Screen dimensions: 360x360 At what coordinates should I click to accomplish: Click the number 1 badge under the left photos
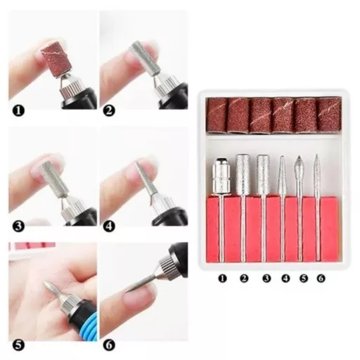[x=18, y=110]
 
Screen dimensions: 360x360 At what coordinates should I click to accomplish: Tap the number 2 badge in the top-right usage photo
[x=109, y=110]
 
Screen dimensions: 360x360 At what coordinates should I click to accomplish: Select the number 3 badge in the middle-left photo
[x=18, y=226]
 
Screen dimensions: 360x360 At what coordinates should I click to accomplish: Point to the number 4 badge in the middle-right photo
[x=109, y=226]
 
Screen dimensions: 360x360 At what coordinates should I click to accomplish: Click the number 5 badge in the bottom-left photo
[x=18, y=345]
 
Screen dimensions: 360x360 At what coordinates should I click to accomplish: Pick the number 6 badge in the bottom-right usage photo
[x=109, y=345]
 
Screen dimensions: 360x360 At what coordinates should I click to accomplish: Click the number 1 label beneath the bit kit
[x=222, y=278]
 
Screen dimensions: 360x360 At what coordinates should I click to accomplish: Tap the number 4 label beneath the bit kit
[x=285, y=278]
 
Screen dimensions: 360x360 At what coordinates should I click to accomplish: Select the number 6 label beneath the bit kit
[x=321, y=278]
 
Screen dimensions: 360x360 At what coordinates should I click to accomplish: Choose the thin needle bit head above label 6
[x=316, y=171]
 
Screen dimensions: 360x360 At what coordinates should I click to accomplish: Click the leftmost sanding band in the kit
[x=217, y=116]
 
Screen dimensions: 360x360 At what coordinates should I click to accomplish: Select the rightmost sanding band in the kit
[x=329, y=115]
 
